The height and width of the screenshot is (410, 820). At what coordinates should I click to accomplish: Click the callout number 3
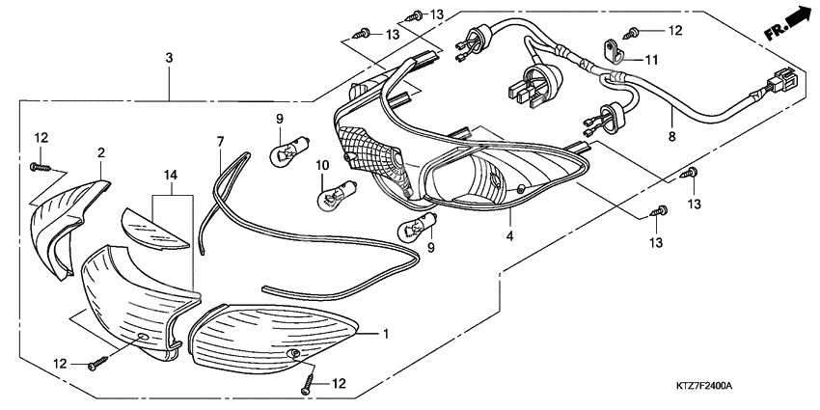click(169, 59)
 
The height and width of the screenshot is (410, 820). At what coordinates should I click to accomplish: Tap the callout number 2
click(99, 152)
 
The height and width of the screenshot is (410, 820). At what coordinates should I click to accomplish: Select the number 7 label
click(220, 141)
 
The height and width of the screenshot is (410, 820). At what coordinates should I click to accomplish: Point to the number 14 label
click(171, 174)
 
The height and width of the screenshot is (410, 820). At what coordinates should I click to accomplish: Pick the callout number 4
click(509, 233)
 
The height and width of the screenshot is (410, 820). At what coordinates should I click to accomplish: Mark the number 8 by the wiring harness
click(672, 138)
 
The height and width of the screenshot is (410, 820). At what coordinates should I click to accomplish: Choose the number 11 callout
click(651, 60)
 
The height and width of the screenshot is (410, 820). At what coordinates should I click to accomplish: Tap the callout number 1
click(386, 335)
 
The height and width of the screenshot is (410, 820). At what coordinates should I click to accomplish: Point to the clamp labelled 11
click(613, 47)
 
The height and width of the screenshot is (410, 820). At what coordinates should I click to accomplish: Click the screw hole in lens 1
click(293, 356)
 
